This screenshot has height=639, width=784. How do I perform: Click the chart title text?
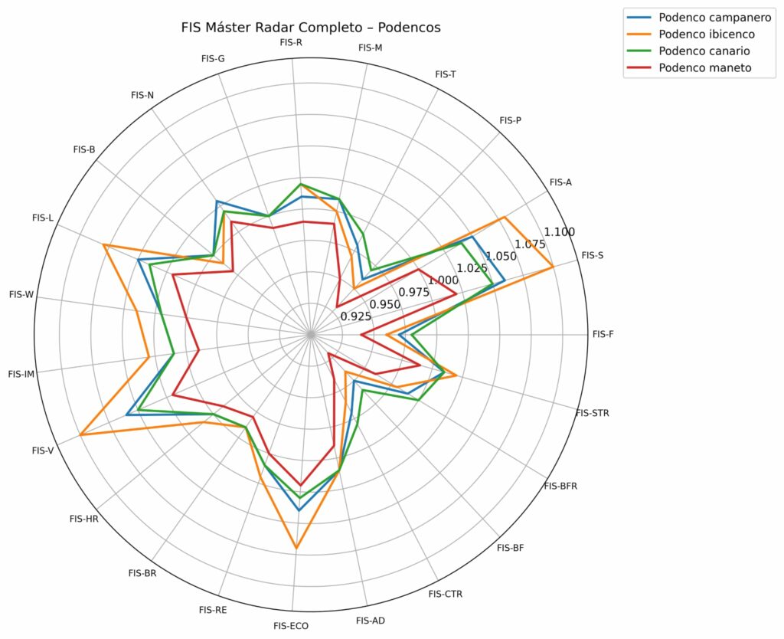click(311, 28)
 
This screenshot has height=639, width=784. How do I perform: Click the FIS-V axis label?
click(43, 451)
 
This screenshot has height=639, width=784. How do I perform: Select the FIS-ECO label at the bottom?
click(291, 626)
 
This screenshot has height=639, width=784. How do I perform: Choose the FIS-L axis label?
click(43, 218)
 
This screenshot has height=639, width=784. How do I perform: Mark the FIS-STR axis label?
click(592, 413)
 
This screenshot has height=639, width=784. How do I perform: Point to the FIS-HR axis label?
click(83, 519)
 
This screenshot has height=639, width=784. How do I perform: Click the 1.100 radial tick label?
click(559, 232)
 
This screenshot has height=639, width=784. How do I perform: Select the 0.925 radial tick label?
click(356, 316)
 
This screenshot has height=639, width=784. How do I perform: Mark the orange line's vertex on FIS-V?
click(80, 436)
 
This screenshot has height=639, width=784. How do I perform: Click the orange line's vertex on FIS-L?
click(103, 246)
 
